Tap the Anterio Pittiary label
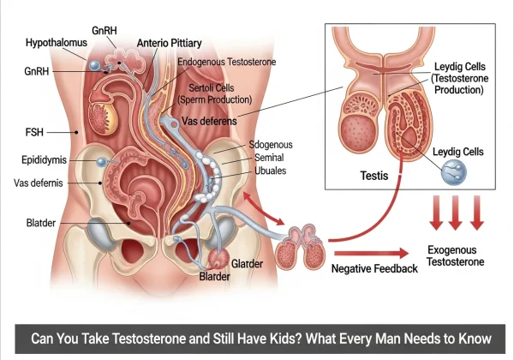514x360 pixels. (170, 43)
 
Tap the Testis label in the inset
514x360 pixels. (375, 175)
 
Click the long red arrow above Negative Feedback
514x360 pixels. (368, 253)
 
